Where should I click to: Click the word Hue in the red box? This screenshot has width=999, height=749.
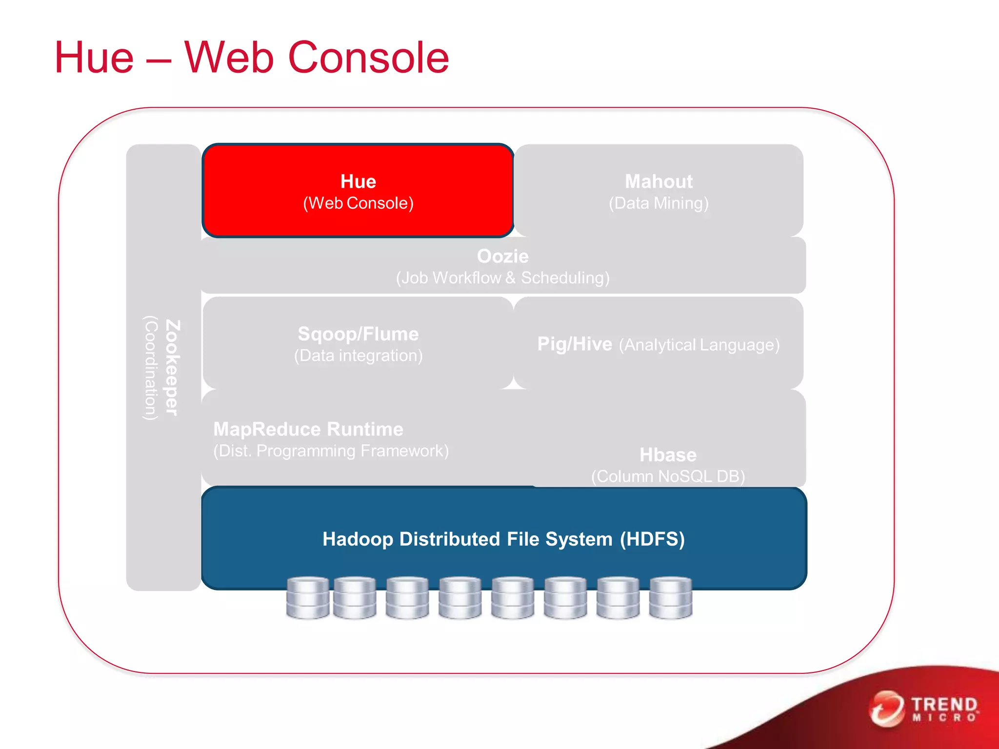[358, 181]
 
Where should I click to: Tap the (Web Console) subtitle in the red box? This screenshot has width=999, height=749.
[358, 203]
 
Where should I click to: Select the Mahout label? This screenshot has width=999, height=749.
[659, 181]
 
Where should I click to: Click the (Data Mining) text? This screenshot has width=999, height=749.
[659, 203]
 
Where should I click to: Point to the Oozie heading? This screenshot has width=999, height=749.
[502, 256]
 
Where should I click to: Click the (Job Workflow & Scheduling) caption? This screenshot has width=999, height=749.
[502, 278]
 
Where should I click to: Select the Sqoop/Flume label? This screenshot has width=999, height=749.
[358, 334]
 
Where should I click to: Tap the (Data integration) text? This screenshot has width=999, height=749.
[358, 355]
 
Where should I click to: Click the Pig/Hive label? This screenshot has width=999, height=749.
[574, 344]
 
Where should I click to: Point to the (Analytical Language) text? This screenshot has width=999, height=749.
[699, 345]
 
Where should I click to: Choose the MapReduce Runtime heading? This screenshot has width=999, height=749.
[308, 429]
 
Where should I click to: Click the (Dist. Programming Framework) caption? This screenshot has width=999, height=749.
[331, 451]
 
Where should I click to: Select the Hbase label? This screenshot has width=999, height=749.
[668, 455]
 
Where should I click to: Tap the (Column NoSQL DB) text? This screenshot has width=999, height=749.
[668, 476]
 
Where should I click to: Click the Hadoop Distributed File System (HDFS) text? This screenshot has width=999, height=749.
[503, 539]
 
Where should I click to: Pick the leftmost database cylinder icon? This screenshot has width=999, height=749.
[307, 598]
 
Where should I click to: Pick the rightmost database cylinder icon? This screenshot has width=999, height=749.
[671, 598]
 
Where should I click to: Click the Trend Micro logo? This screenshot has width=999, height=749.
[924, 709]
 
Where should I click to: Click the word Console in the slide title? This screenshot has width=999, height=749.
[368, 58]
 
